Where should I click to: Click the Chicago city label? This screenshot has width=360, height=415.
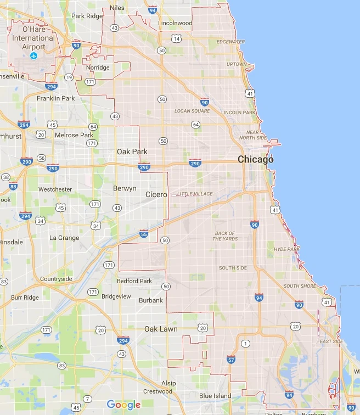(x=255, y=160)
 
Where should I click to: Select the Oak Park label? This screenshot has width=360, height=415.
(x=132, y=152)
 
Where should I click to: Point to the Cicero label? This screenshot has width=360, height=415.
(x=156, y=194)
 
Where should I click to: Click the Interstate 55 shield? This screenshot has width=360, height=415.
(x=144, y=234)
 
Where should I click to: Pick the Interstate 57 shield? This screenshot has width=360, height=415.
(x=230, y=360)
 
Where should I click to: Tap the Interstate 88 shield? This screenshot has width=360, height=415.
(x=13, y=187)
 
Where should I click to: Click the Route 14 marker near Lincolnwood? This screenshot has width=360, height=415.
(x=176, y=38)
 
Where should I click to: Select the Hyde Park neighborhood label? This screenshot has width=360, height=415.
(x=286, y=249)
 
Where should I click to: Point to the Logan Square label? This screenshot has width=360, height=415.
(x=192, y=111)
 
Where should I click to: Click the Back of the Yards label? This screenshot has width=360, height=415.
(x=225, y=236)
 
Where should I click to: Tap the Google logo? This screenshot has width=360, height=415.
(x=124, y=405)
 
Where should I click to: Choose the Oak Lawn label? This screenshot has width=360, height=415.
(x=161, y=329)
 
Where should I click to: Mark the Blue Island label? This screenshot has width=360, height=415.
(x=215, y=396)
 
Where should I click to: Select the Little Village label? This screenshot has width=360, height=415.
(x=194, y=194)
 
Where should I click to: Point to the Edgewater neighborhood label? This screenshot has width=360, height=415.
(x=230, y=42)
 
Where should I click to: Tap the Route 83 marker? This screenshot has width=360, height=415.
(x=61, y=366)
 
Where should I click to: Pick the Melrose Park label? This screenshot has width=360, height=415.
(x=74, y=135)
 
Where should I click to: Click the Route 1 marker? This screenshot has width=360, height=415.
(x=245, y=344)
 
